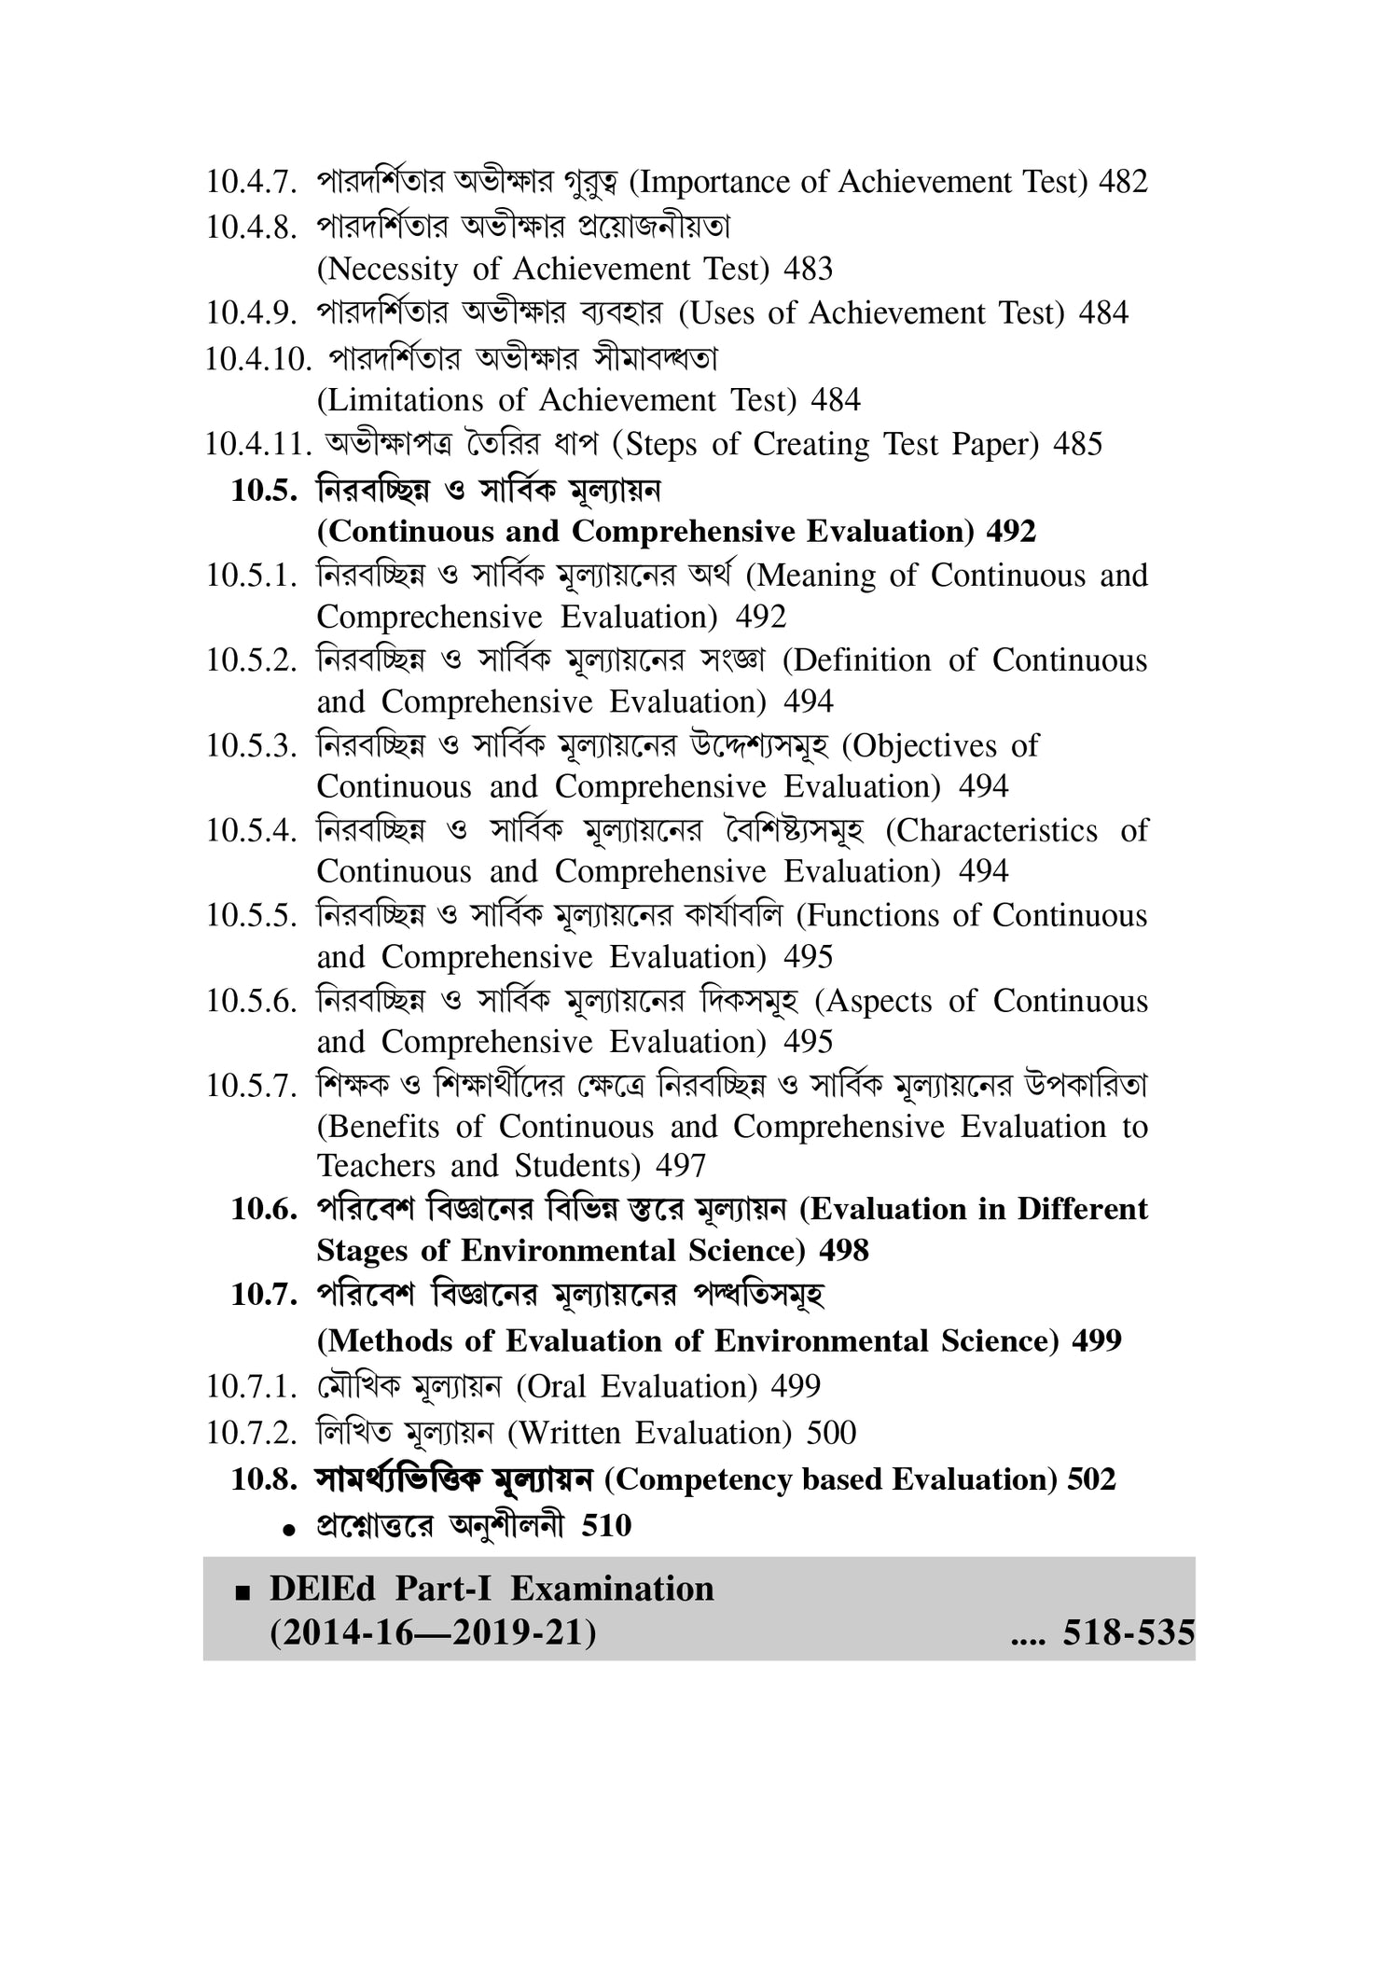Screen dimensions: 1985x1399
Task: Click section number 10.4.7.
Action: pyautogui.click(x=251, y=182)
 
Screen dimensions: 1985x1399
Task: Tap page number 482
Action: pyautogui.click(x=1123, y=182)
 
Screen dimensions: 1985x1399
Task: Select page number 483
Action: pyautogui.click(x=808, y=270)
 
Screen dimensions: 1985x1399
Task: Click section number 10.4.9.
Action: pyautogui.click(x=251, y=313)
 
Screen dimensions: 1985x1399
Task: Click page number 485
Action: pyautogui.click(x=1077, y=445)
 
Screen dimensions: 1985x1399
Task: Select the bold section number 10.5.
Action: pyautogui.click(x=263, y=491)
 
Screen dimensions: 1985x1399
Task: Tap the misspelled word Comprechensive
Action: pyautogui.click(x=429, y=618)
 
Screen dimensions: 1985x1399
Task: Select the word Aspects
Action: pyautogui.click(x=880, y=1002)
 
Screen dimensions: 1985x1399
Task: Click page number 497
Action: pyautogui.click(x=681, y=1166)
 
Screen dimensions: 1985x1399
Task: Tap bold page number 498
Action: pyautogui.click(x=843, y=1251)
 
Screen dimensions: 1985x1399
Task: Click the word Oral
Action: pyautogui.click(x=557, y=1387)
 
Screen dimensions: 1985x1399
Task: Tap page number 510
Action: pyautogui.click(x=606, y=1526)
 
